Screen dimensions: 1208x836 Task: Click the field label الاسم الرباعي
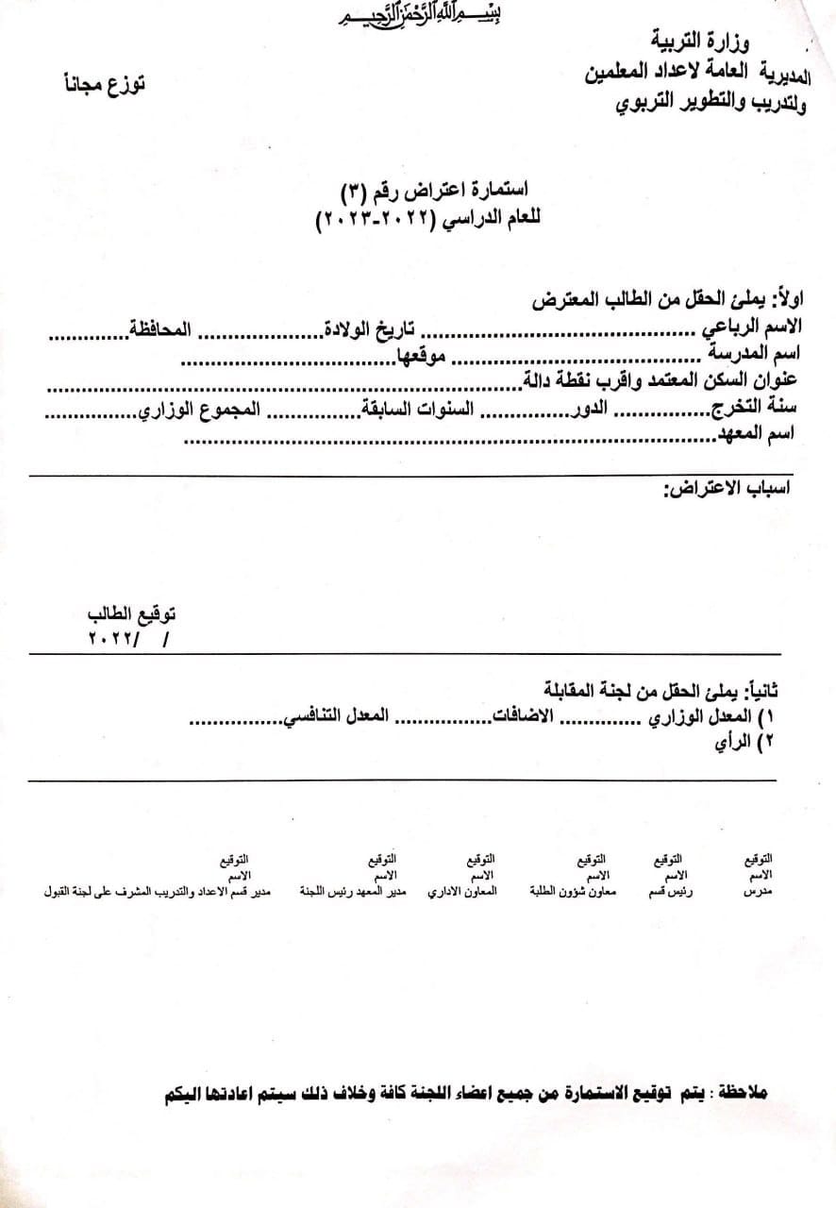[x=751, y=327]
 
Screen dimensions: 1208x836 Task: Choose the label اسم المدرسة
[x=756, y=355]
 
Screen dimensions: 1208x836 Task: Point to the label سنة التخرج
[x=755, y=410]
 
